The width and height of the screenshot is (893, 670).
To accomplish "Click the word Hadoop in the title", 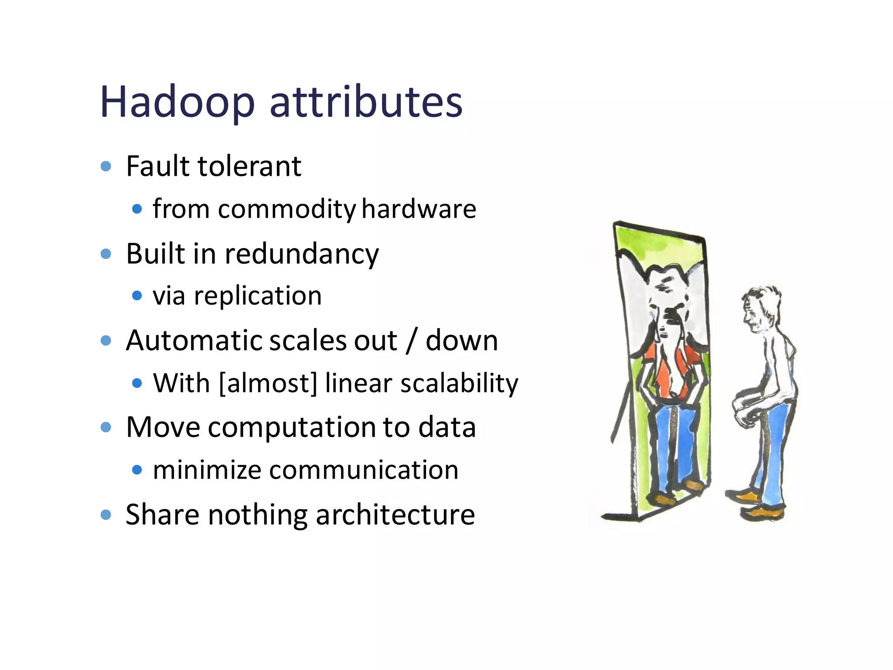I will (x=177, y=103).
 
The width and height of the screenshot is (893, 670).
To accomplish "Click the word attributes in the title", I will (x=366, y=102).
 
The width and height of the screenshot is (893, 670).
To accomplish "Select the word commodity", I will (x=287, y=209).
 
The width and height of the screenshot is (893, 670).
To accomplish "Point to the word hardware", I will (x=419, y=209).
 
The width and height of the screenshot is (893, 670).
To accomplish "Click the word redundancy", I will (x=301, y=254).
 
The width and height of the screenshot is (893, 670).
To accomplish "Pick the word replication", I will (x=258, y=297).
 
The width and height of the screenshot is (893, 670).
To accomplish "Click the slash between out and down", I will (x=411, y=341).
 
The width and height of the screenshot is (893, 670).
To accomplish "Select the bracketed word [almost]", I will (x=268, y=383).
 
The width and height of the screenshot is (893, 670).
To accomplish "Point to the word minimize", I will (x=207, y=470).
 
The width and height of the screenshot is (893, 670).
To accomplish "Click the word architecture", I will (x=395, y=515).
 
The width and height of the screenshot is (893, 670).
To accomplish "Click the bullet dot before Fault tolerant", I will (x=106, y=166).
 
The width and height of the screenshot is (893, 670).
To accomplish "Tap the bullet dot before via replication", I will (x=137, y=296).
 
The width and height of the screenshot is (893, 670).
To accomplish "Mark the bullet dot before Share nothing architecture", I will (x=106, y=515).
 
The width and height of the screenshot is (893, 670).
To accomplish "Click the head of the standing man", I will (x=761, y=308).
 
